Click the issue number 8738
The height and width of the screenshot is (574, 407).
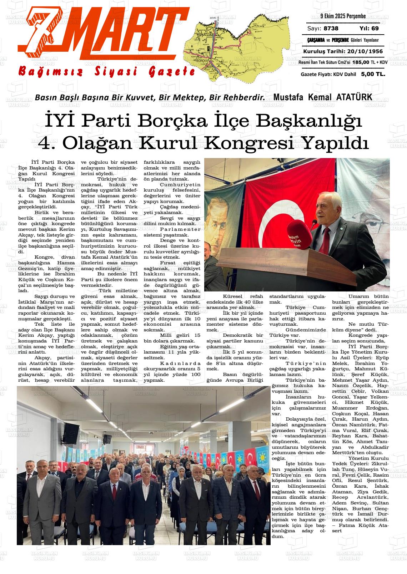click(331, 29)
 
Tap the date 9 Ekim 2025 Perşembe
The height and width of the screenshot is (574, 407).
click(343, 16)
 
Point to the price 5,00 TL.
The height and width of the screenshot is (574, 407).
click(373, 74)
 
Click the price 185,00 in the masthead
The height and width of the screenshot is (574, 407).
click(350, 62)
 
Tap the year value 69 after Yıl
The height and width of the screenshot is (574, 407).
click(375, 29)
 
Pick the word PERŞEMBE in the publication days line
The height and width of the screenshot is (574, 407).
click(332, 40)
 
